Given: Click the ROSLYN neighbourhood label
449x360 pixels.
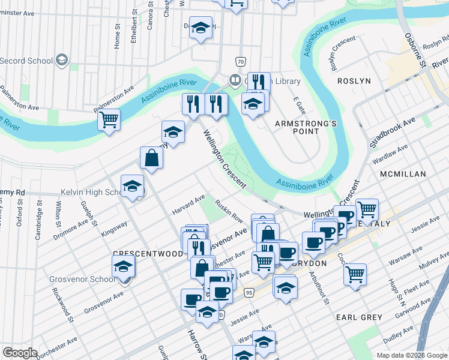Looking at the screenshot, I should point(354,80).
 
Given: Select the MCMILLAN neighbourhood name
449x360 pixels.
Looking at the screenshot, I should point(403,174).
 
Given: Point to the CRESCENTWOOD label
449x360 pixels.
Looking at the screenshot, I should point(148,254).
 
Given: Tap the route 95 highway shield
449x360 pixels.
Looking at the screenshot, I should point(249,292).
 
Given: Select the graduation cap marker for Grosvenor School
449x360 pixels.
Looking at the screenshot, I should point(123,266).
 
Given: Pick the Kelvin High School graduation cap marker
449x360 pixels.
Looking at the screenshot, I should point(132,186).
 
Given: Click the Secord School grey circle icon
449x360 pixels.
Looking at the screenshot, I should point(61,60).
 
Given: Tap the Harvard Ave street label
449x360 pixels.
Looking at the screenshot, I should point(188,204).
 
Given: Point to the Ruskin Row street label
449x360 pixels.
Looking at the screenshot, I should point(229,211).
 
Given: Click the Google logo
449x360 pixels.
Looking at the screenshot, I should point(20,352).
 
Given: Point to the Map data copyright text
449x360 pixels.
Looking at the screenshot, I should point(411,355).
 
